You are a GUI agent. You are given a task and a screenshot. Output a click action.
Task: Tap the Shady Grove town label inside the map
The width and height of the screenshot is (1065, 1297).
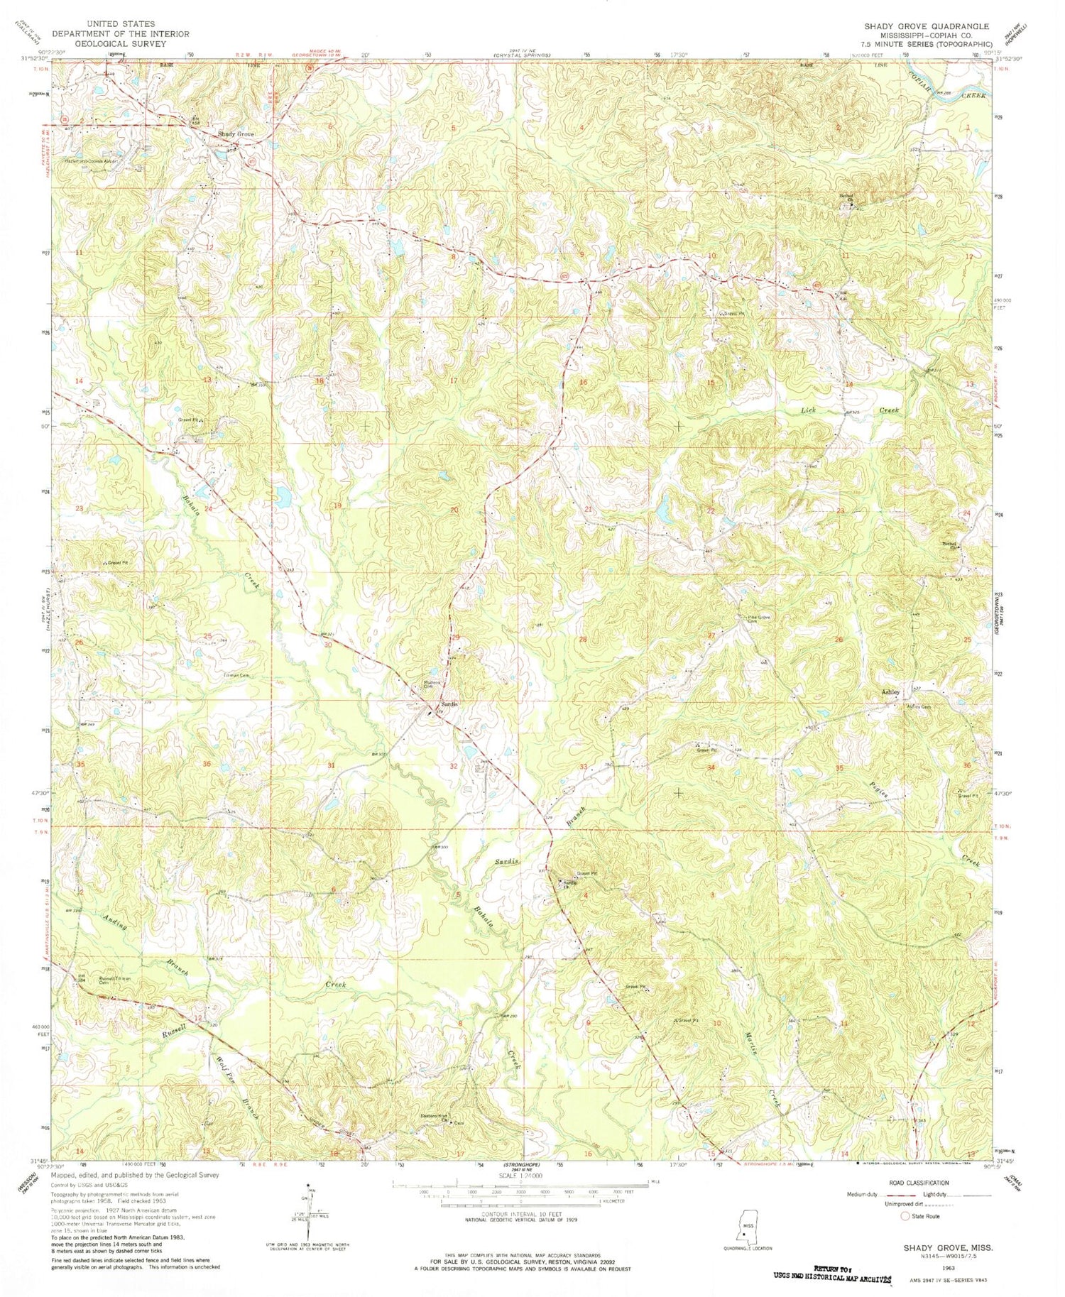[235, 134]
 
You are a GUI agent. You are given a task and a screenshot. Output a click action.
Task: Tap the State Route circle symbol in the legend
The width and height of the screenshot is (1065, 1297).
[905, 1216]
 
